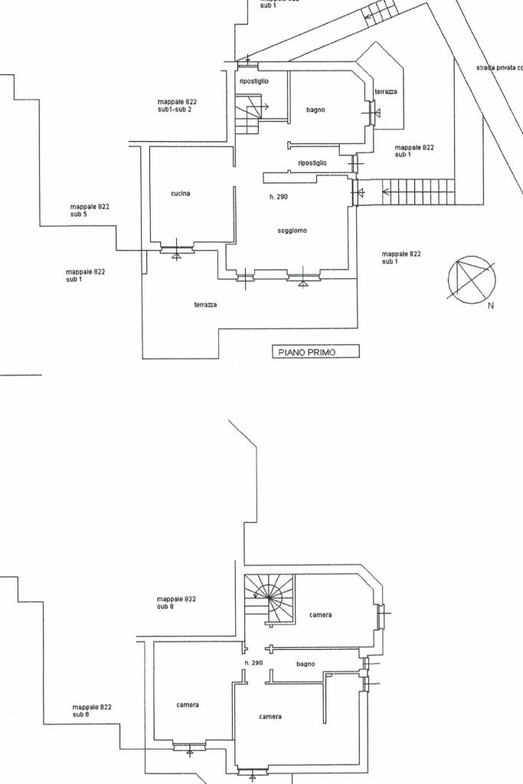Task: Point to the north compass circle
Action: tap(471, 279)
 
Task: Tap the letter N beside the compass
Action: tap(491, 305)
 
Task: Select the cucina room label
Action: tap(181, 193)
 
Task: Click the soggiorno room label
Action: tap(292, 230)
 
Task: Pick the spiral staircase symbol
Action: tap(270, 595)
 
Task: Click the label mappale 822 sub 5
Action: tap(90, 210)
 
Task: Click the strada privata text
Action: tap(498, 67)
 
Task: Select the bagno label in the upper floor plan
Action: tap(315, 110)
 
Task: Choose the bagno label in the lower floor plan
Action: tap(306, 664)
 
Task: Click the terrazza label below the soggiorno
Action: tap(205, 304)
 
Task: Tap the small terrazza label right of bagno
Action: tap(385, 92)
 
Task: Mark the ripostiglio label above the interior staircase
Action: tap(253, 80)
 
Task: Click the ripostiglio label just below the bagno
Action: tap(312, 162)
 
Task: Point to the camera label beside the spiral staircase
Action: tap(321, 615)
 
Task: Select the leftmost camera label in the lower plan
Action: tap(188, 705)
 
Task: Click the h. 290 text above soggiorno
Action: tap(278, 197)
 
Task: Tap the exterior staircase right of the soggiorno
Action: tap(418, 189)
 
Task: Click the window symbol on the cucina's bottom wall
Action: tap(177, 248)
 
